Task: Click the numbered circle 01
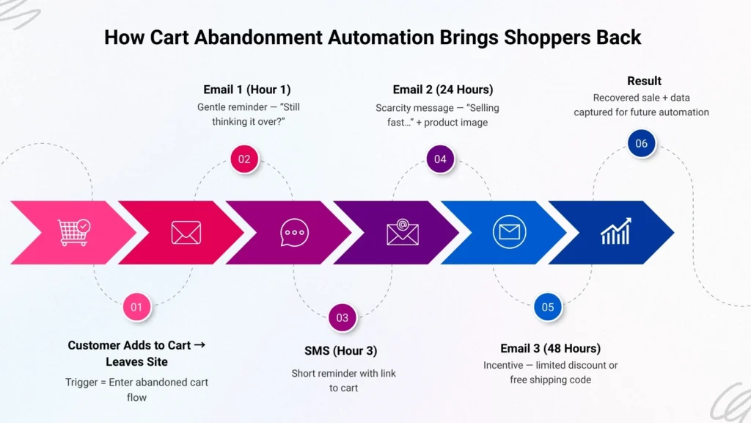[136, 307]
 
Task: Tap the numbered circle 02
[244, 159]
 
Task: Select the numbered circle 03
[342, 318]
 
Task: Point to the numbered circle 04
[440, 159]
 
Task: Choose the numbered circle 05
[548, 307]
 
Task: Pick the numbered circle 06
[641, 143]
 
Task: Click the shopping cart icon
[74, 232]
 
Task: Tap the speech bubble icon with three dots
[294, 233]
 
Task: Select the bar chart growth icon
[616, 232]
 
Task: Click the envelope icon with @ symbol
[402, 232]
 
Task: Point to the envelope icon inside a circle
[509, 233]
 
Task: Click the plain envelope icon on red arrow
[186, 233]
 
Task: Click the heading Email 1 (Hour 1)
[247, 90]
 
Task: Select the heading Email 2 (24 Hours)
[443, 90]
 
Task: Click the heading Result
[644, 81]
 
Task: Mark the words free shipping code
[550, 380]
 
